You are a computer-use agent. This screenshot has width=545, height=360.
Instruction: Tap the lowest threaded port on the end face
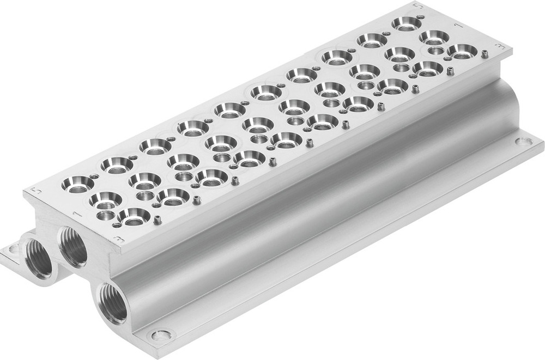(113, 304)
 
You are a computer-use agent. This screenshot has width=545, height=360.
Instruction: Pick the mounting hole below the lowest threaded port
(160, 335)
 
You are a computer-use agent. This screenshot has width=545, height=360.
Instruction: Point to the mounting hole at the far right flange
(524, 142)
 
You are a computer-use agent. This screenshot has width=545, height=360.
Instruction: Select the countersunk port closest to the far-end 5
(405, 23)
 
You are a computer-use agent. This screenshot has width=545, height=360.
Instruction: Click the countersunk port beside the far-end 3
(462, 52)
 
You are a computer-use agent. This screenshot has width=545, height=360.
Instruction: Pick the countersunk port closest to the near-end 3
(134, 216)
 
